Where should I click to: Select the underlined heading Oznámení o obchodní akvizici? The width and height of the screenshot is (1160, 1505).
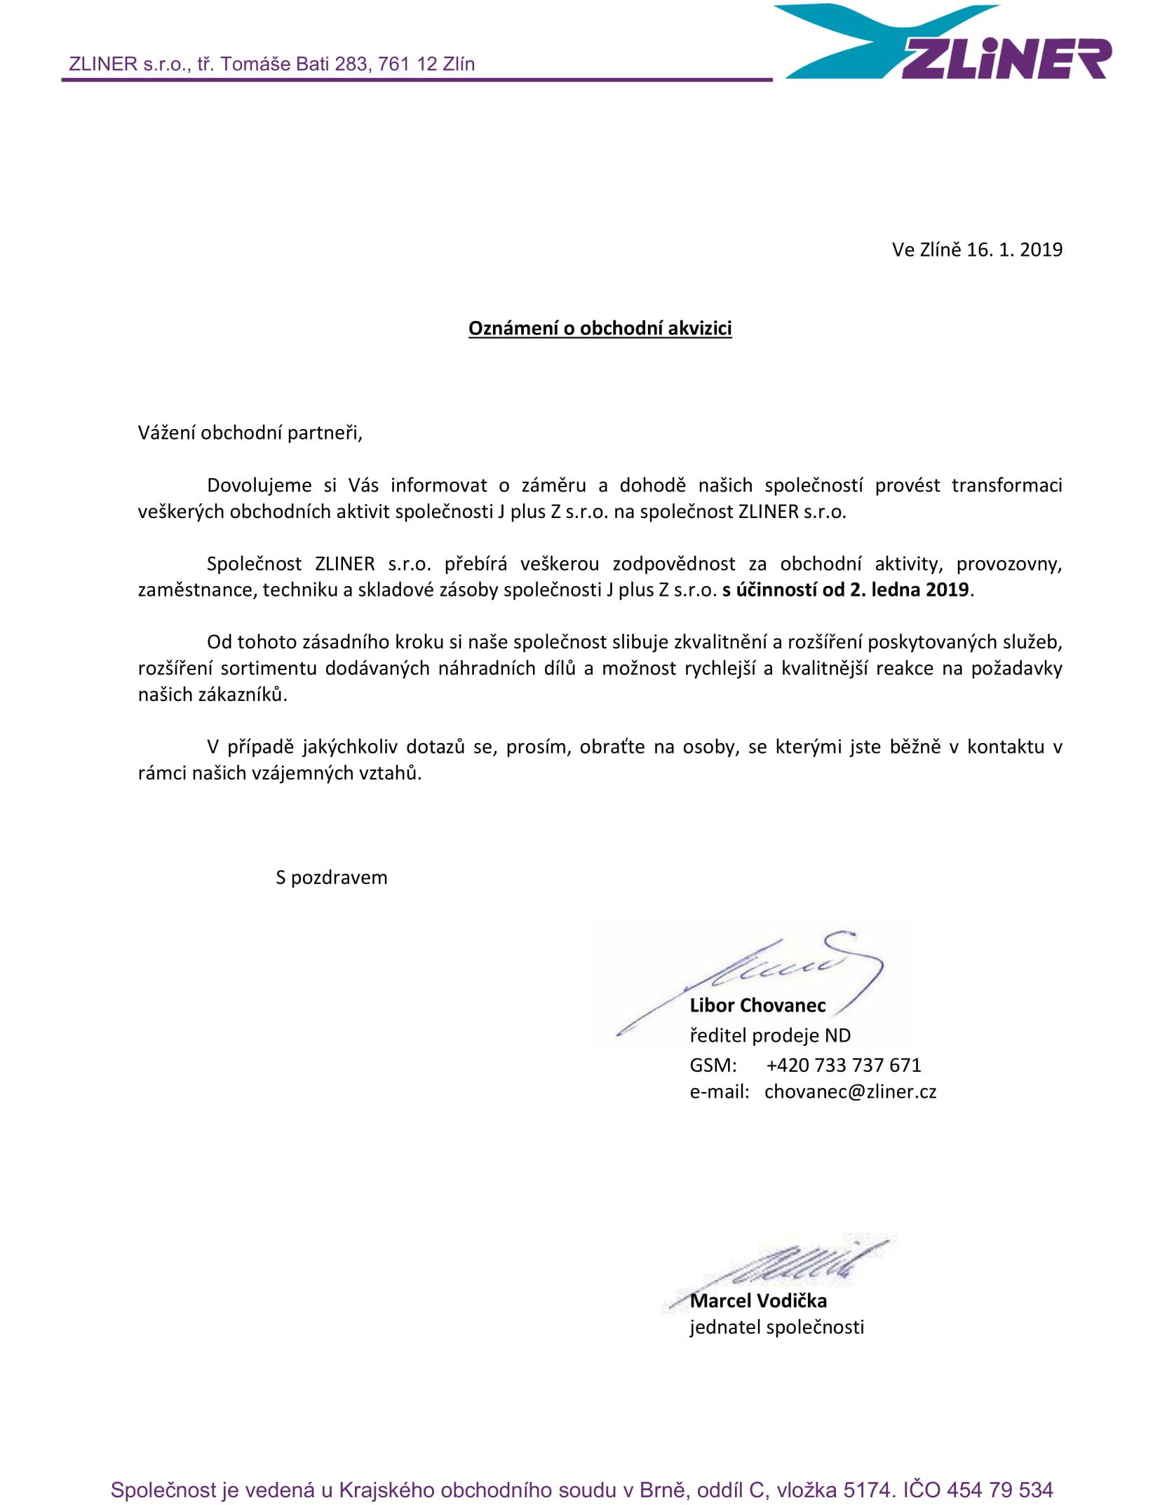point(600,328)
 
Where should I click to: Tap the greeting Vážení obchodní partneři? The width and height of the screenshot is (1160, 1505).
point(250,433)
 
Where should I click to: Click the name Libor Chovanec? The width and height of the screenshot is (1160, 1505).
point(757,1005)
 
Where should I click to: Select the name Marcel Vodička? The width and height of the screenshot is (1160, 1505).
point(758,1300)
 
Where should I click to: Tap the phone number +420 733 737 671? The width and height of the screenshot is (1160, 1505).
point(843,1065)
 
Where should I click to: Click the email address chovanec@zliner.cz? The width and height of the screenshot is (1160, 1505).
point(850,1091)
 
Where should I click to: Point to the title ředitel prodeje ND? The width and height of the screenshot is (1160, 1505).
point(770,1035)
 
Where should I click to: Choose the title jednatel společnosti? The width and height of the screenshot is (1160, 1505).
point(776,1327)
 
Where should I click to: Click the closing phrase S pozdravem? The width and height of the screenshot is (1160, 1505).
point(331,878)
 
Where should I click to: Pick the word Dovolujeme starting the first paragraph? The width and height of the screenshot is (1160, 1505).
point(259,485)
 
